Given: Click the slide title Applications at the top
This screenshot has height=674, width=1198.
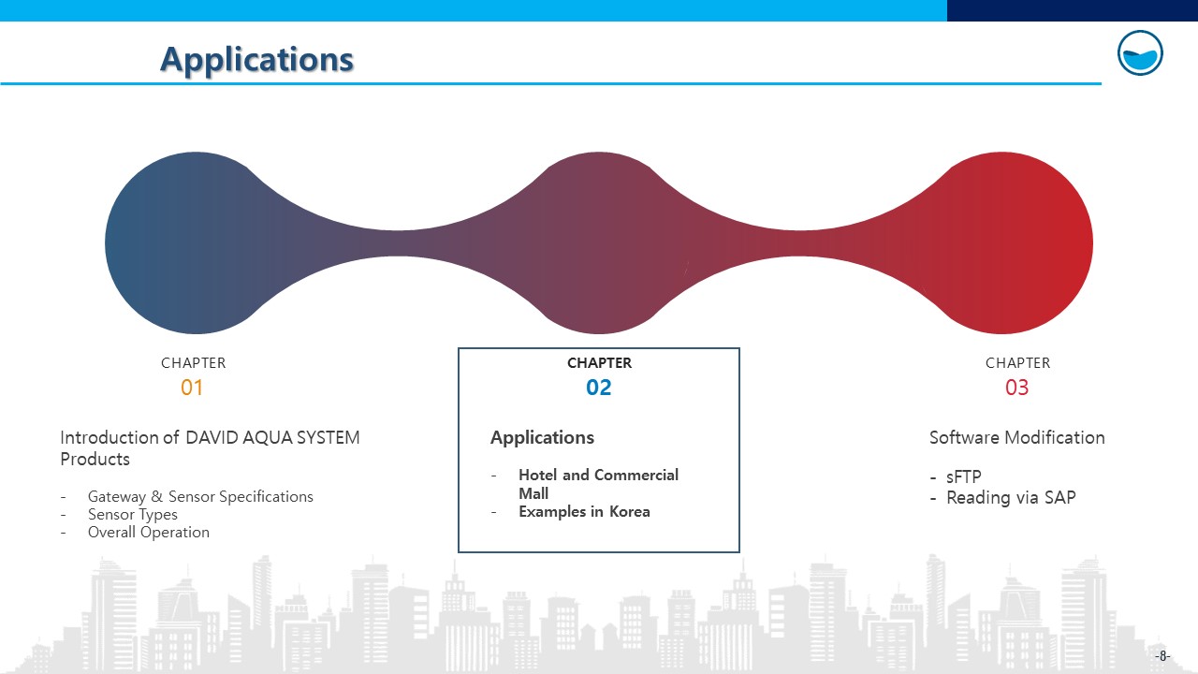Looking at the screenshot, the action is click(x=256, y=59).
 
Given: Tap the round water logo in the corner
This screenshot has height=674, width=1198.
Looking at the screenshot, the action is click(x=1140, y=53).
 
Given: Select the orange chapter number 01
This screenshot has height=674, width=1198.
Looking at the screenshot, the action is click(x=192, y=388).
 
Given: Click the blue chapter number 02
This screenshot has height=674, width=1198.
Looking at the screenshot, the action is click(x=598, y=388).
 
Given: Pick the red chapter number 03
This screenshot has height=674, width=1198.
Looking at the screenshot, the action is click(x=1016, y=388).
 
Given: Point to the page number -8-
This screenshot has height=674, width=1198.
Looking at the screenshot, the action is click(x=1162, y=656).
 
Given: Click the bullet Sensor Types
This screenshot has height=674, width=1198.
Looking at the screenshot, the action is click(x=133, y=515).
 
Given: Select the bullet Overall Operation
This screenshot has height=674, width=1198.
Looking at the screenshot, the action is click(x=149, y=533).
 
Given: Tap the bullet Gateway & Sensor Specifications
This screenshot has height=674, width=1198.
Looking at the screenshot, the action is click(x=200, y=496).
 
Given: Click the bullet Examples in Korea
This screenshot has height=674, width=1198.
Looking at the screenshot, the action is click(x=585, y=512).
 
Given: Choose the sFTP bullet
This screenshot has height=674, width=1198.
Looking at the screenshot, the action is click(x=964, y=476).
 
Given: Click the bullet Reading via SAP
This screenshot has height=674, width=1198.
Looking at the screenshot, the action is click(x=1011, y=497).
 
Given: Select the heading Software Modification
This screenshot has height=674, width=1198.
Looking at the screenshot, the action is click(x=1016, y=437).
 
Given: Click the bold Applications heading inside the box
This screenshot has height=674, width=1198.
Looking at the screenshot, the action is click(x=542, y=437).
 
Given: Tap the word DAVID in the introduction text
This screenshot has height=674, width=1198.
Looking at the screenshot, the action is click(x=212, y=437).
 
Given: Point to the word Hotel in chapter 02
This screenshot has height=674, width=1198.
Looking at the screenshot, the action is click(x=538, y=475).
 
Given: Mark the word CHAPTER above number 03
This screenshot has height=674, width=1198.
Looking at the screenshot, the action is click(x=1017, y=363).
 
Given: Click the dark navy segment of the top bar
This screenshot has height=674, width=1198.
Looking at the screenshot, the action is click(x=1073, y=10).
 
